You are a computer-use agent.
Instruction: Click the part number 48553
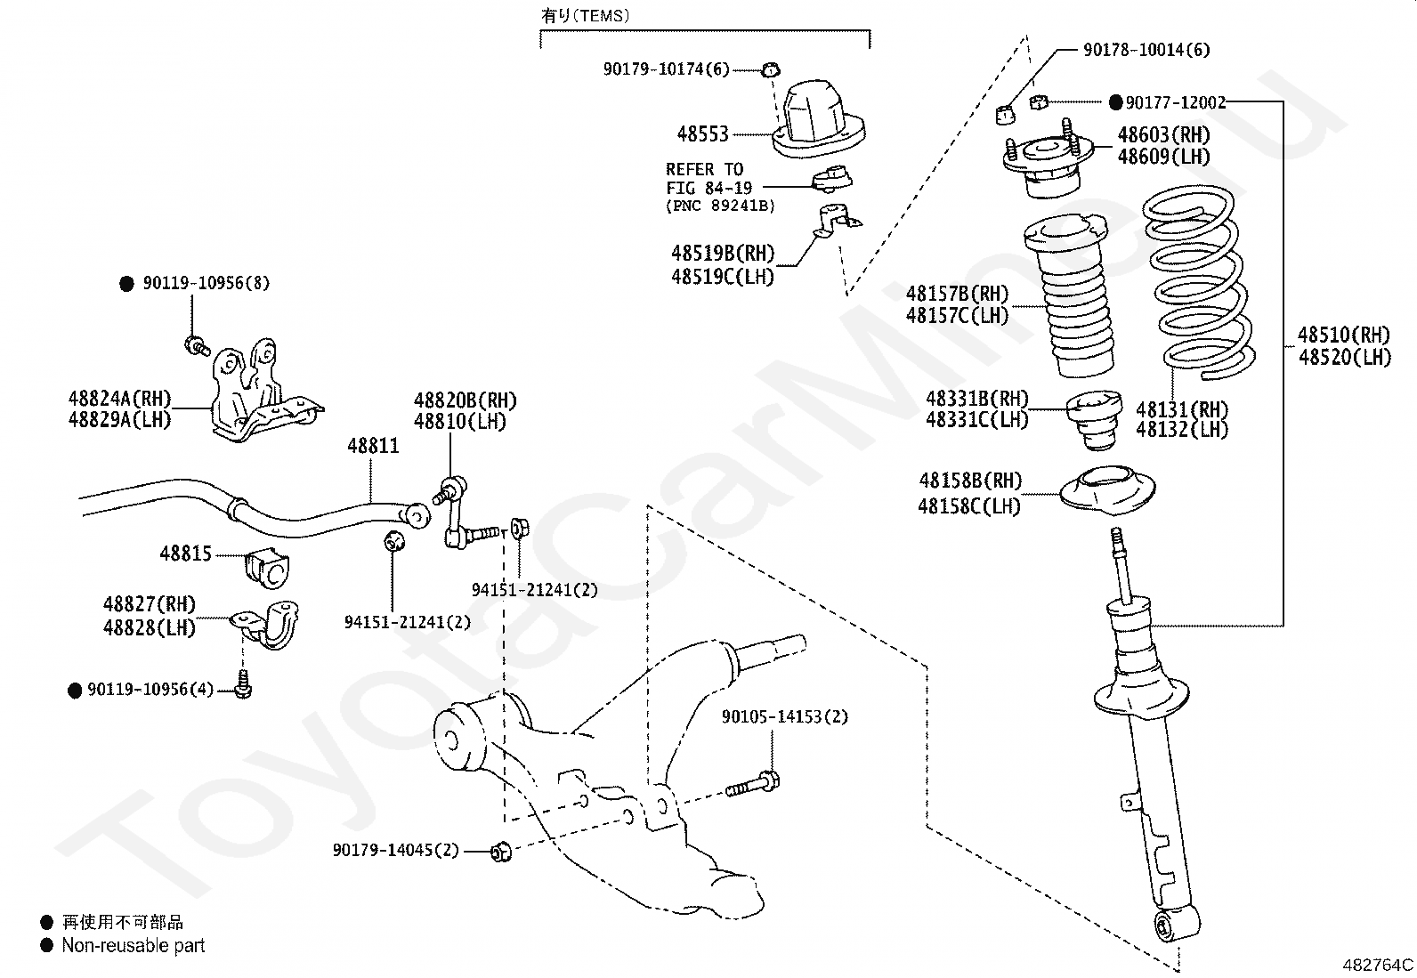[703, 134]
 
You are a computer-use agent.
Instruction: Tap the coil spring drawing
[1199, 283]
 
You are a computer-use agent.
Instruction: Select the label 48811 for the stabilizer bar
[373, 445]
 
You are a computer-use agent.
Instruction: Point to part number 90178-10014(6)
[1146, 50]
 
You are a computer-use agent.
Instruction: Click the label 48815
[185, 554]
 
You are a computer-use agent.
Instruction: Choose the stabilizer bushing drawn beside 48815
[266, 568]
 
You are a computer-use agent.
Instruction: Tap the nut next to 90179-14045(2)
[501, 853]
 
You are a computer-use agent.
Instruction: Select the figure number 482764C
[1378, 965]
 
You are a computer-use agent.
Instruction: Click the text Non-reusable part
[134, 946]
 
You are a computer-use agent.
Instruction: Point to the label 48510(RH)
[1344, 335]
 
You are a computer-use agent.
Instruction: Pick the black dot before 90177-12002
[1116, 101]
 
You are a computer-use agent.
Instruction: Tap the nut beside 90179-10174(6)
[769, 69]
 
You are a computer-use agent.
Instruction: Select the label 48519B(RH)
[723, 254]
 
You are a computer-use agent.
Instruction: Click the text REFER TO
[705, 170]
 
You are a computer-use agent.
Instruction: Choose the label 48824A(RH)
[120, 399]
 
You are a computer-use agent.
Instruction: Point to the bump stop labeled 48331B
[1095, 420]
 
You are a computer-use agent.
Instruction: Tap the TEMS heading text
[585, 16]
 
